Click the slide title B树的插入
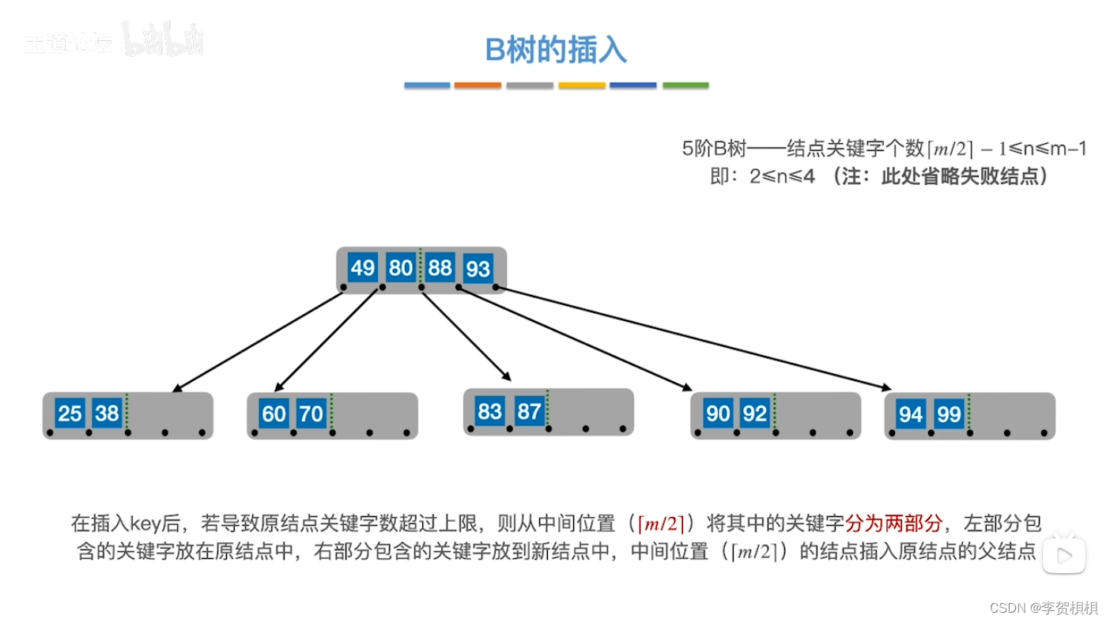(x=556, y=50)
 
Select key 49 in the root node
(x=362, y=268)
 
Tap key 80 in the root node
(x=401, y=268)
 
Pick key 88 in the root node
(x=440, y=268)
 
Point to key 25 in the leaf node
(x=70, y=413)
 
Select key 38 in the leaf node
(x=107, y=413)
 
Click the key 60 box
(x=274, y=414)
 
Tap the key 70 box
(x=311, y=414)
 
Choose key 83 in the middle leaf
(x=490, y=411)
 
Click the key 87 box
(x=528, y=411)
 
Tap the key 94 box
(x=911, y=414)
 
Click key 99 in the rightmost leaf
(x=949, y=414)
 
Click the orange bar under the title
(x=478, y=85)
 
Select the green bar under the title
(x=685, y=85)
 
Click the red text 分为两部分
(x=894, y=523)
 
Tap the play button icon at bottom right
(x=1063, y=555)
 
